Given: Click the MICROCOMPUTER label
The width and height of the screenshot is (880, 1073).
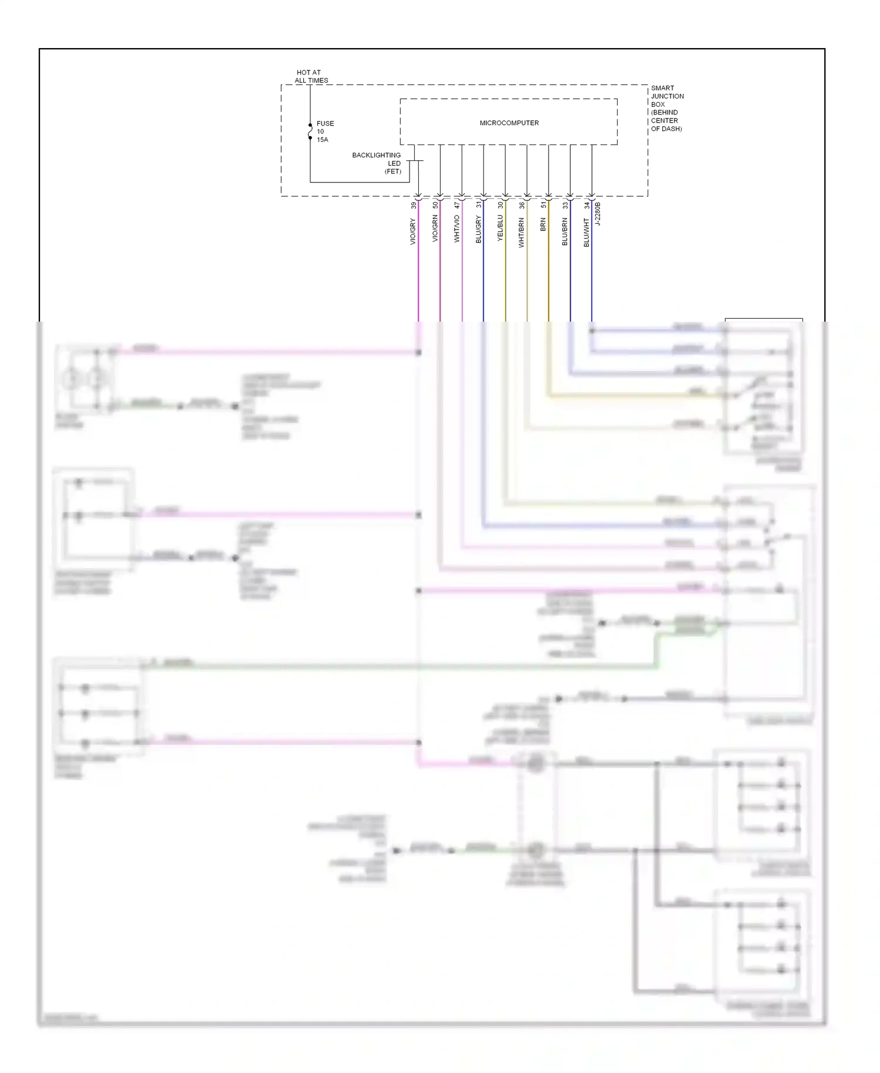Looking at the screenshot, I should click(509, 123).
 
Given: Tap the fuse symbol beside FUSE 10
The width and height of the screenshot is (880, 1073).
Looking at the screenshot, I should click(310, 131).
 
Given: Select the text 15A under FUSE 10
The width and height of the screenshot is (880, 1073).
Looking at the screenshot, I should click(322, 140).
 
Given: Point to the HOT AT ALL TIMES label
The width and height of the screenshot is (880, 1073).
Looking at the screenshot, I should click(311, 76).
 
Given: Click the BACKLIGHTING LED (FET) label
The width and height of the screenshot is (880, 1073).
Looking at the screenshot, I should click(377, 163).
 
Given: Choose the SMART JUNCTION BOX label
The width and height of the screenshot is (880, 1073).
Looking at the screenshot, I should click(666, 108).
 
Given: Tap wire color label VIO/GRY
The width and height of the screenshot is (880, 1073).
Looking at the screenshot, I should click(412, 231).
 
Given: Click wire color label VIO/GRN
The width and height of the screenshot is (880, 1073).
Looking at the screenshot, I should click(435, 228).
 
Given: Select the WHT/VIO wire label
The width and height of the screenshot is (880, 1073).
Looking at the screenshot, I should click(456, 229).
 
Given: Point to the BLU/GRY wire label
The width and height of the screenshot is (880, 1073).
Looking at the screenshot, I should click(478, 230).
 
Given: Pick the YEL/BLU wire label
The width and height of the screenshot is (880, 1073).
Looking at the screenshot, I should click(500, 228).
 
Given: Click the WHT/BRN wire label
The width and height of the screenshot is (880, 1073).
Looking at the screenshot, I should click(521, 232).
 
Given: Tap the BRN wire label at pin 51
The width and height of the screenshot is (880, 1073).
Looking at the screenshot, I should click(543, 224).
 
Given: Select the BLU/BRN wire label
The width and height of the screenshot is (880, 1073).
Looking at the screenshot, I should click(564, 231).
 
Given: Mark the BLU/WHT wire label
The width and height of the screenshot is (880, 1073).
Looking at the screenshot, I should click(586, 232).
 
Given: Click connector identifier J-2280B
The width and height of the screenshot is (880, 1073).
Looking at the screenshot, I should click(598, 214).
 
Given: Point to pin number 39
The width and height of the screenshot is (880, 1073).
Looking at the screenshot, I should click(413, 205).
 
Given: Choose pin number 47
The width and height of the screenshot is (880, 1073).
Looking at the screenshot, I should click(456, 205).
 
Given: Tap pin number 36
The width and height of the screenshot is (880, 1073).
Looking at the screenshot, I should click(521, 205).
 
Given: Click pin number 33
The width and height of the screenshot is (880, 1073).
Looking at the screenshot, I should click(564, 205).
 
